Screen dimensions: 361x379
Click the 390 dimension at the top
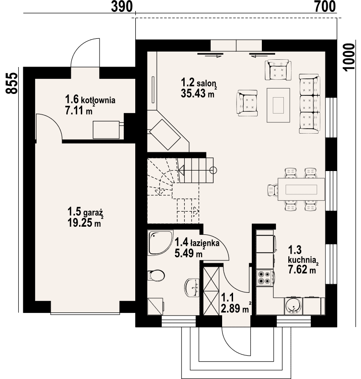point(122,6)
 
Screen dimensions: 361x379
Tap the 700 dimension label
point(325,6)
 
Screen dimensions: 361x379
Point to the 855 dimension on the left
point(11,83)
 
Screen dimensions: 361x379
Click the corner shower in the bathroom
point(160,243)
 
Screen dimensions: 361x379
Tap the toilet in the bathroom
point(156,275)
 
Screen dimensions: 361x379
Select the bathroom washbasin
point(192,288)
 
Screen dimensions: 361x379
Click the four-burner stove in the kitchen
point(265,278)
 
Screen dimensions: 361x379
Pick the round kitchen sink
point(293,306)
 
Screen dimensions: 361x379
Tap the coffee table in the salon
point(278,105)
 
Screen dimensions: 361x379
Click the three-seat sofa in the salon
point(309,104)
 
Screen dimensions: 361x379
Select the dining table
point(301,189)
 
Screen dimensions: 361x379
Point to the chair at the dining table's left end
point(273,190)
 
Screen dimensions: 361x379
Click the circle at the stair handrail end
point(213,170)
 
